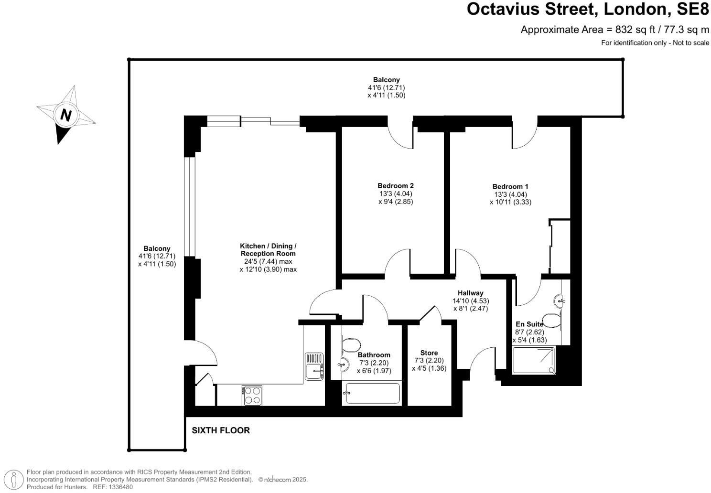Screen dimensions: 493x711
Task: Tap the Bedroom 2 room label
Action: pyautogui.click(x=395, y=186)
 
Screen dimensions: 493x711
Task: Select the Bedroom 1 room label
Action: pyautogui.click(x=510, y=186)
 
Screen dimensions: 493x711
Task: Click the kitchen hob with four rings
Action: pyautogui.click(x=252, y=396)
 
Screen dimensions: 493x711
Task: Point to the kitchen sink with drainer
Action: pyautogui.click(x=314, y=366)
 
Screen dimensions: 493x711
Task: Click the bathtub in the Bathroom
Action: pyautogui.click(x=372, y=393)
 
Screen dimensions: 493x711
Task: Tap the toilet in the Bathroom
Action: pyautogui.click(x=351, y=345)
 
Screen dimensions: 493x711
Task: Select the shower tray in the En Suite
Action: pyautogui.click(x=534, y=360)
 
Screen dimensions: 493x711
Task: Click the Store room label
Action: pyautogui.click(x=429, y=353)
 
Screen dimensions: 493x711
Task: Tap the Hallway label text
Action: pyautogui.click(x=470, y=293)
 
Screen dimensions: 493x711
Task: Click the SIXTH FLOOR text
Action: pyautogui.click(x=221, y=430)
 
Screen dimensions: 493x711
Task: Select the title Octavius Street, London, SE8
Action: pyautogui.click(x=588, y=10)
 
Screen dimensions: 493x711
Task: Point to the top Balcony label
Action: pyautogui.click(x=386, y=80)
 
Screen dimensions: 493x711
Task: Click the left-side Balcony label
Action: pyautogui.click(x=157, y=248)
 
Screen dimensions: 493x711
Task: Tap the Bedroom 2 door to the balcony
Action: pyautogui.click(x=400, y=134)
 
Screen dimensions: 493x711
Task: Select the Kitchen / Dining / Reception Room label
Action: pyautogui.click(x=268, y=249)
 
